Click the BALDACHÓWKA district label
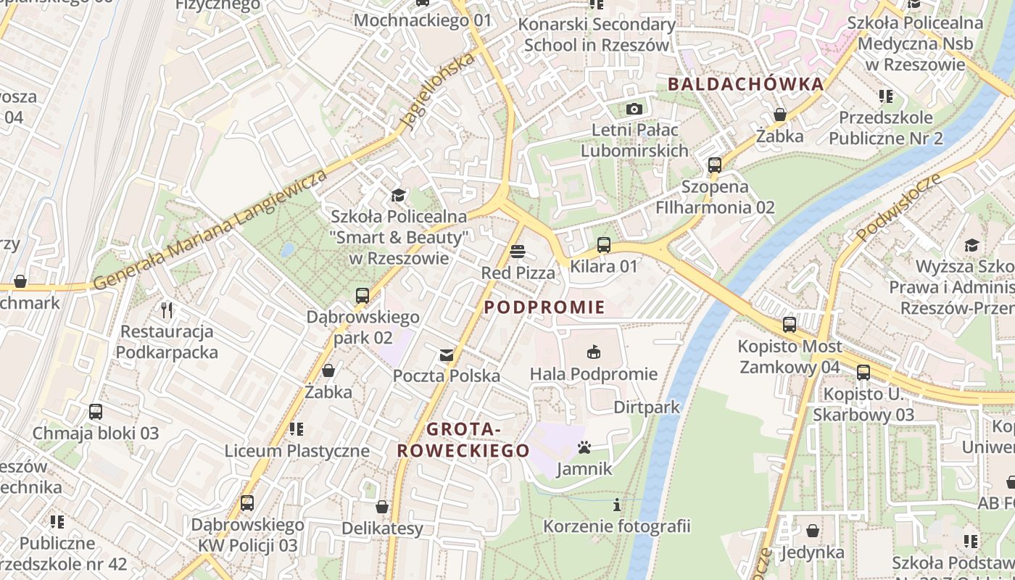point(745,84)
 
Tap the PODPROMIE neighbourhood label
point(544,307)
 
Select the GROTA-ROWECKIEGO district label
point(463,440)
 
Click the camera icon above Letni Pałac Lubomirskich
point(634,109)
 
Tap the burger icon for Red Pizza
point(518,252)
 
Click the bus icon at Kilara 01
point(603,245)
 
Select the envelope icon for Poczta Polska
point(447,355)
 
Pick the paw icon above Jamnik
point(584,447)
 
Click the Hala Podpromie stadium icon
point(594,352)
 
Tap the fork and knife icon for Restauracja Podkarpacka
point(167,310)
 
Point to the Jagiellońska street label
point(439,91)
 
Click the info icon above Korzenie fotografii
point(617,505)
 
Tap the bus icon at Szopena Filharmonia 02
point(715,165)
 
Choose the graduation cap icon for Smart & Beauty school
point(398,195)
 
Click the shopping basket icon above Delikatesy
point(382,506)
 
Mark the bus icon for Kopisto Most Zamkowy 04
point(790,325)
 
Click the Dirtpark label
point(647,407)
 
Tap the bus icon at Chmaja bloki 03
point(96,412)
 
